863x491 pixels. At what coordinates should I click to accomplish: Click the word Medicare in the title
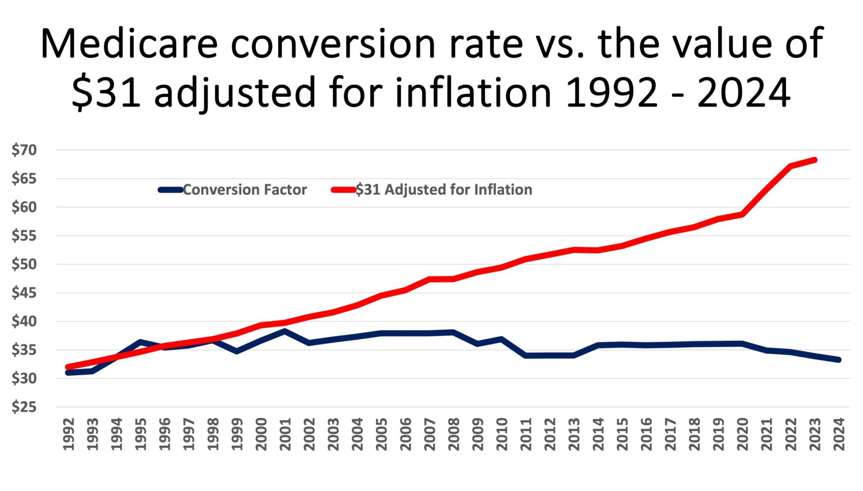(129, 44)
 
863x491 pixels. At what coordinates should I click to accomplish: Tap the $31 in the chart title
(106, 92)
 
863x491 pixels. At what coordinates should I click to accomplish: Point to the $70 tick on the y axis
(24, 150)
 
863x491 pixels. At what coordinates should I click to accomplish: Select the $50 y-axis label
(24, 264)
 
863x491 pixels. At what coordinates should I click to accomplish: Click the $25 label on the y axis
(24, 407)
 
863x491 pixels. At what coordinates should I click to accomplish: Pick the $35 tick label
(24, 350)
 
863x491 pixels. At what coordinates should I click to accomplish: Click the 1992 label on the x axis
(69, 434)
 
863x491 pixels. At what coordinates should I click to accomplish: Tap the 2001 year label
(285, 434)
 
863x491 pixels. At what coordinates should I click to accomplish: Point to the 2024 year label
(839, 434)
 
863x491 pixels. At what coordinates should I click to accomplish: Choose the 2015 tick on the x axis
(622, 434)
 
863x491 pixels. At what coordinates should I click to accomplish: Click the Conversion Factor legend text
(245, 190)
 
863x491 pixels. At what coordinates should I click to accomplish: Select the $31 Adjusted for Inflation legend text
(444, 190)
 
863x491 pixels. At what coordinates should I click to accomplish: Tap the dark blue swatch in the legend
(171, 190)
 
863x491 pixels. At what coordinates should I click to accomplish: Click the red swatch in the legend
(343, 190)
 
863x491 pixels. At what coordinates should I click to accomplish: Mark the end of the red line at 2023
(815, 160)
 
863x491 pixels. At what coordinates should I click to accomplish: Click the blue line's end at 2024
(839, 360)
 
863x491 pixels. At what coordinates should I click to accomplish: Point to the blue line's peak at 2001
(285, 331)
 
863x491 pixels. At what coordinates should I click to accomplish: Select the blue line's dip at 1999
(237, 352)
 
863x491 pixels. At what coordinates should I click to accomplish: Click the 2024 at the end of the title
(743, 92)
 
